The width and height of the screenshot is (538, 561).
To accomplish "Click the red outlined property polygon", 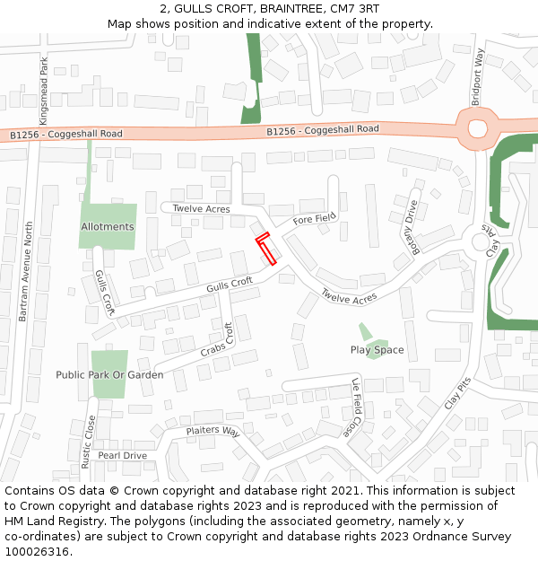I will [266, 249].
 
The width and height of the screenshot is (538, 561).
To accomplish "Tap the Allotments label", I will [107, 227].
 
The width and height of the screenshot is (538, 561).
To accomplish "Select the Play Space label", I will [377, 350].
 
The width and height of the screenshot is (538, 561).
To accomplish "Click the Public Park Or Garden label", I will [109, 375].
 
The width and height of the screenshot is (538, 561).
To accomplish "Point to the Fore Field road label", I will [314, 218].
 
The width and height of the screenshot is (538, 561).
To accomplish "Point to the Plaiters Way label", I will [213, 432].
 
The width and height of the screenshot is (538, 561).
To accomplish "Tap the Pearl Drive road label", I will [122, 456].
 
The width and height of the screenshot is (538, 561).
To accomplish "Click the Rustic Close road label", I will [87, 442].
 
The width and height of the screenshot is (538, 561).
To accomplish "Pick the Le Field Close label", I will [356, 408].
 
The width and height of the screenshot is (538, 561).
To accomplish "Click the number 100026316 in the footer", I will [36, 552].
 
